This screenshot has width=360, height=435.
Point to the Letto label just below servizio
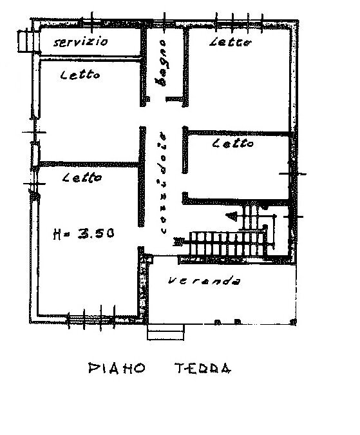tap(80, 75)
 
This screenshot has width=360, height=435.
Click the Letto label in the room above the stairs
tap(232, 144)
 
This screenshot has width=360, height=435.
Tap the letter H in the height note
tap(57, 235)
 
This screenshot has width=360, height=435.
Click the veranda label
tap(204, 282)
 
